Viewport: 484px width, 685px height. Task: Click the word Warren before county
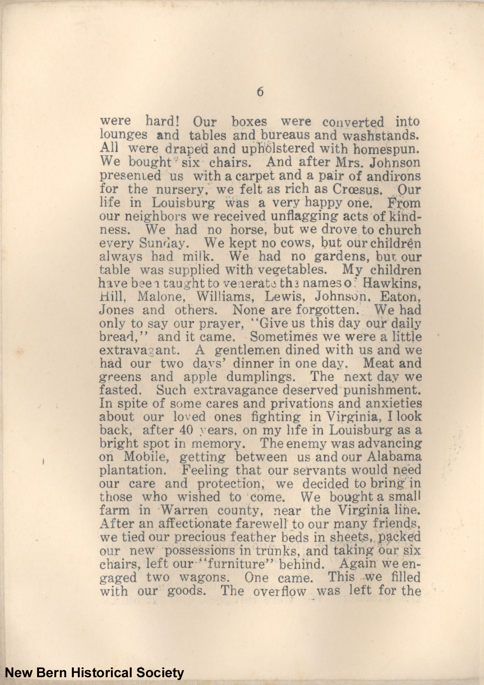point(184,510)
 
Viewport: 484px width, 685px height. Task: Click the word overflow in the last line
point(279,591)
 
